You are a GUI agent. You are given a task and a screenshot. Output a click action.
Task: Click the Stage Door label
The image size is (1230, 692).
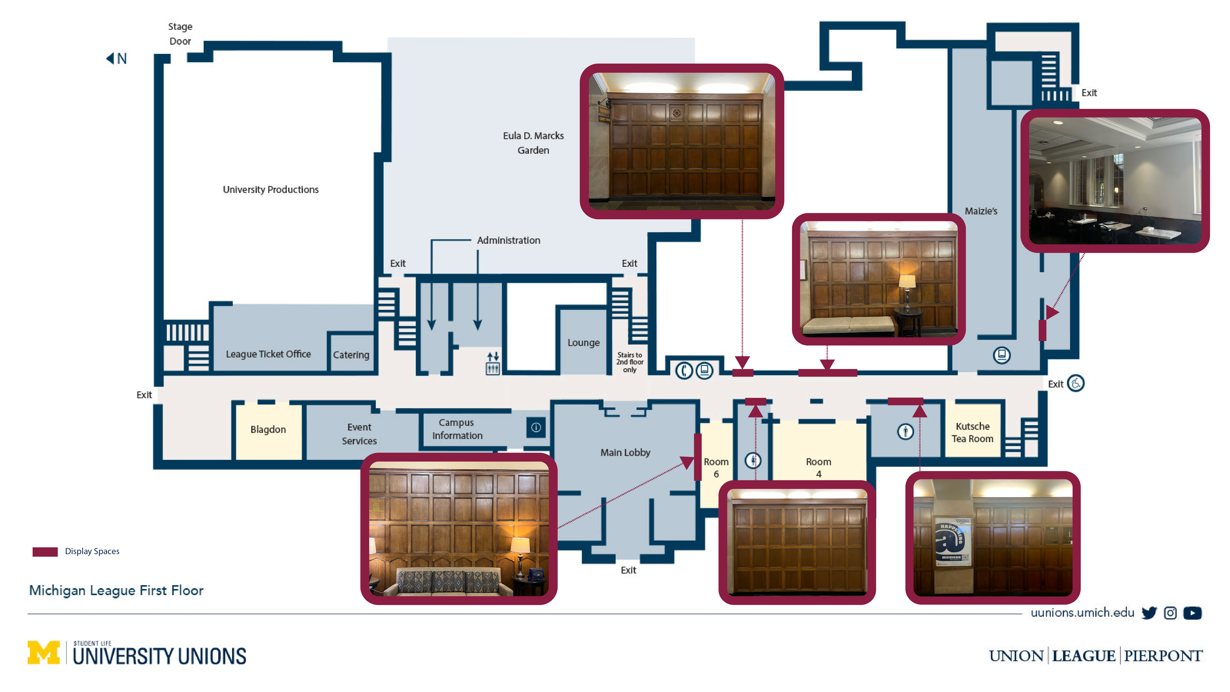(x=180, y=33)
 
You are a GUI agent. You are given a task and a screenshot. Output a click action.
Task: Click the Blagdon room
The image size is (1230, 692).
(x=268, y=429)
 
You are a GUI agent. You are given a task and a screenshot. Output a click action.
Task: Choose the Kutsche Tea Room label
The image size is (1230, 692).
(x=972, y=432)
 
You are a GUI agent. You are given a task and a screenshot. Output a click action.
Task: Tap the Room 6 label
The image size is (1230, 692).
(x=716, y=468)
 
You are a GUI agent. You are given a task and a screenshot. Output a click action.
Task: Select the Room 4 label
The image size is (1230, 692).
(x=818, y=468)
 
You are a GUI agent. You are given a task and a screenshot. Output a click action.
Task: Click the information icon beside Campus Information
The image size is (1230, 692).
(x=536, y=427)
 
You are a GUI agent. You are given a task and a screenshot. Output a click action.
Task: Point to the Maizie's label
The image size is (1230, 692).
(x=981, y=211)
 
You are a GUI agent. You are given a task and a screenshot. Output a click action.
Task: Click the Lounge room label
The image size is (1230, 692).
(x=583, y=342)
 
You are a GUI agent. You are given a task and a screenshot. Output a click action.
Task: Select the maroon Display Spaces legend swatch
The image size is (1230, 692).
(x=45, y=552)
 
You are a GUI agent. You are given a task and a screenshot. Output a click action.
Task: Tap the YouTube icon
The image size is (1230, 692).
(x=1192, y=613)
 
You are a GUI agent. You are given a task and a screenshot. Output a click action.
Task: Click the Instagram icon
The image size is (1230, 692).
(x=1170, y=613)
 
